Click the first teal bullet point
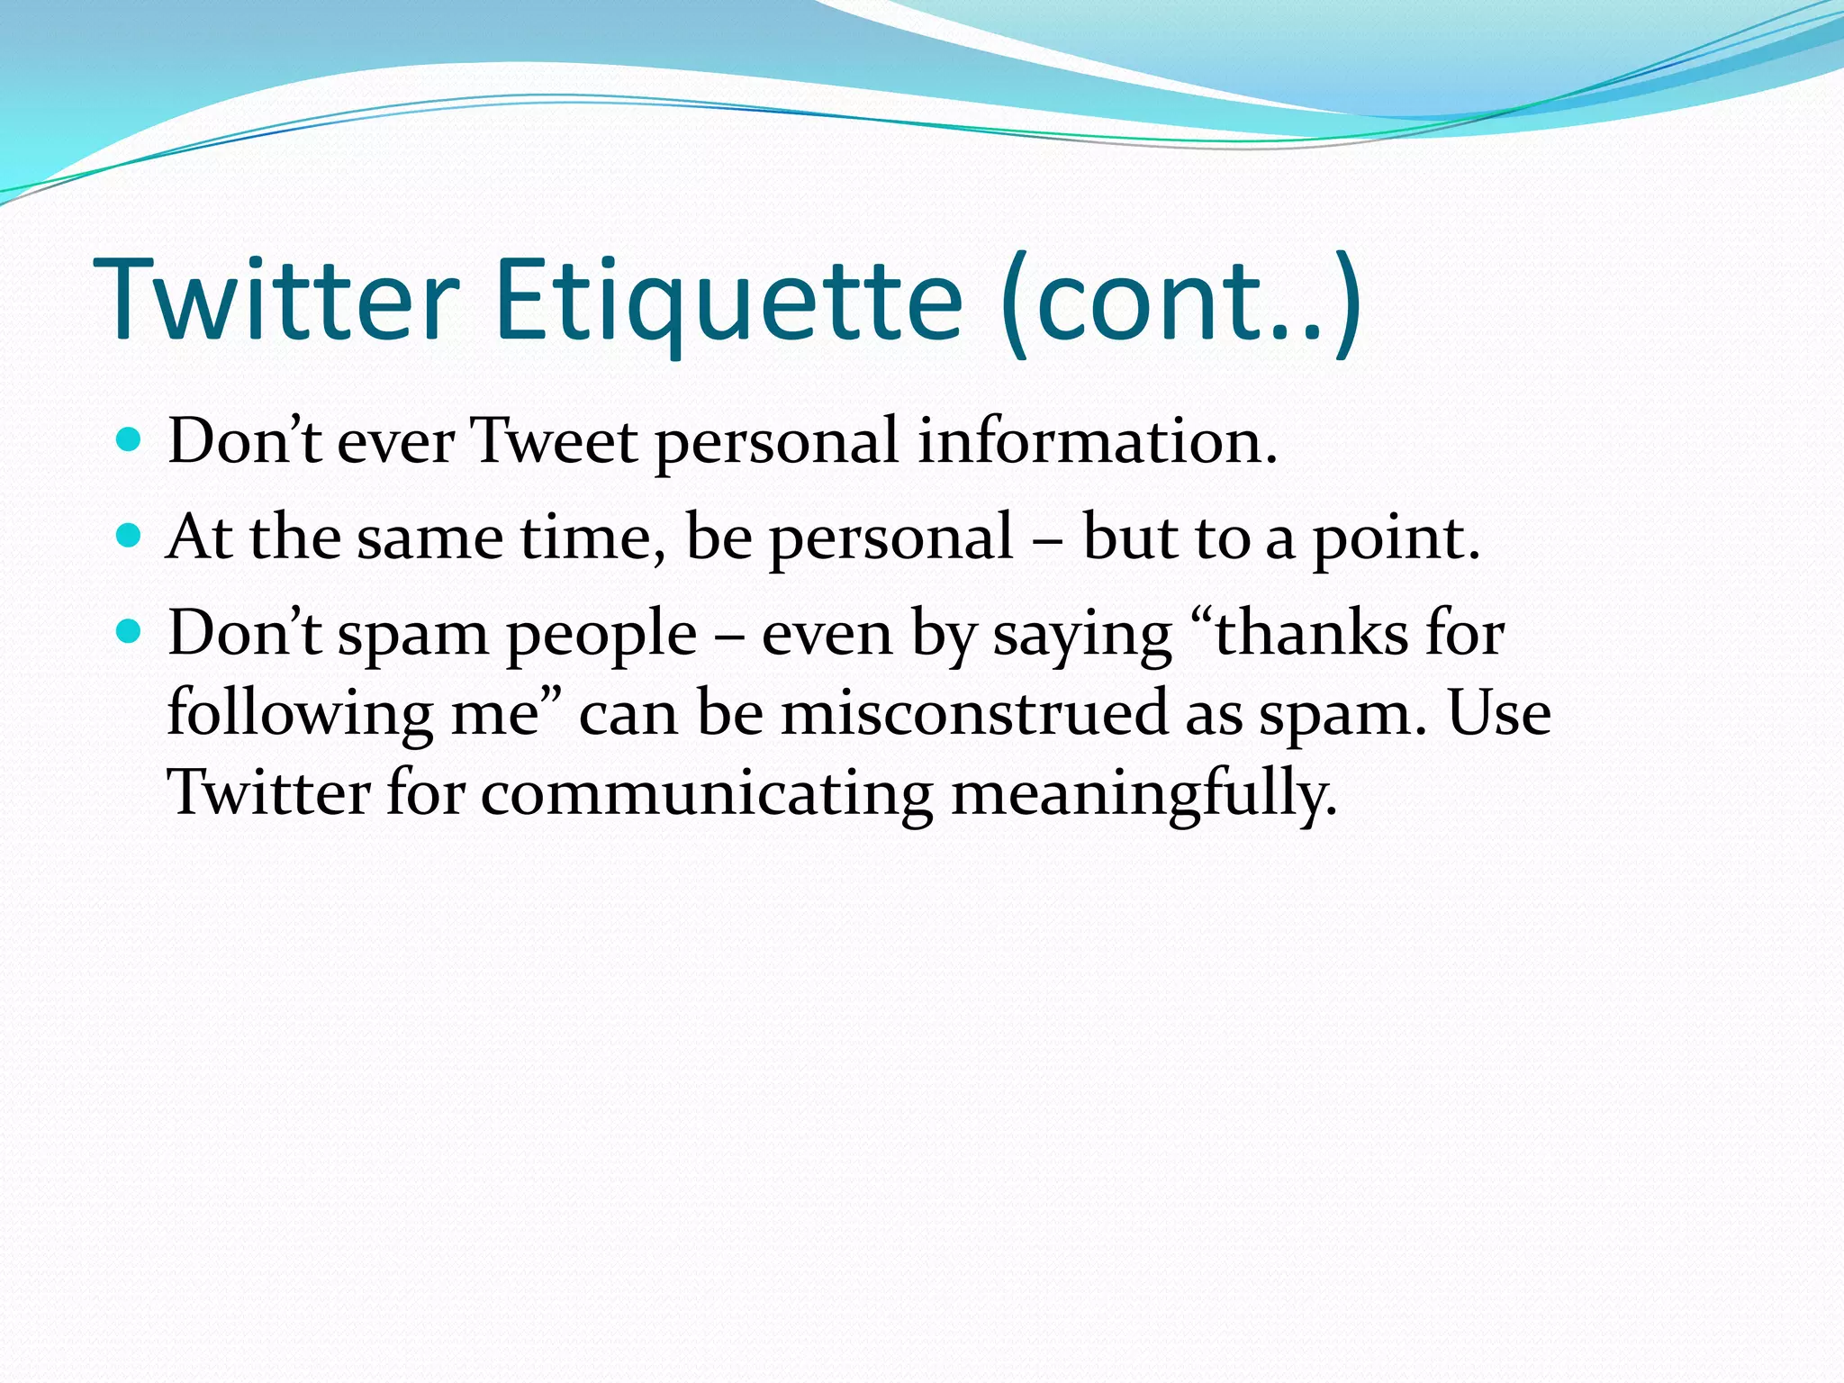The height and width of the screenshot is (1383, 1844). coord(130,440)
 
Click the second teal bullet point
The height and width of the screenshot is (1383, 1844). coord(130,537)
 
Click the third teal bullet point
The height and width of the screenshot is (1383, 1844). coord(130,632)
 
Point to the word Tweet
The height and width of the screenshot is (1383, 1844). coord(556,442)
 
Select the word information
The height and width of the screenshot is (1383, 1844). coord(1097,442)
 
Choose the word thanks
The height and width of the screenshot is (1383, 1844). coord(1311,634)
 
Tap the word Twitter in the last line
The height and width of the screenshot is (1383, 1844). coord(269,792)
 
